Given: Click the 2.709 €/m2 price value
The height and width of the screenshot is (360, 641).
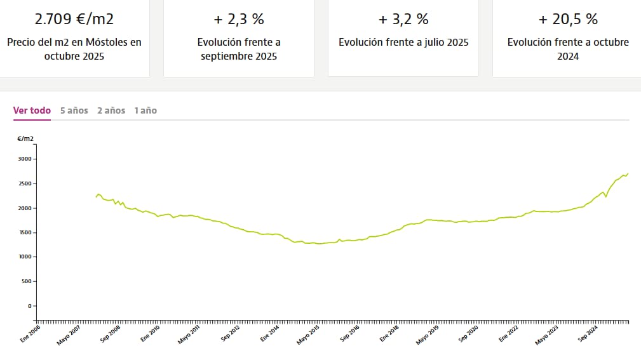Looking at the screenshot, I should point(74,19).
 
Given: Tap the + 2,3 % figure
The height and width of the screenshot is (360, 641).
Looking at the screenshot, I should point(238,19).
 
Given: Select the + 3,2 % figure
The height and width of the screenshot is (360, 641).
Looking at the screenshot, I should point(403,19).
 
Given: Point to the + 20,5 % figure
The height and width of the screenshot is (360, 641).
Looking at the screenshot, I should point(567,19).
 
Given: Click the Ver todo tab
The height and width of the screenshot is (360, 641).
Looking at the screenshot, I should point(32,110).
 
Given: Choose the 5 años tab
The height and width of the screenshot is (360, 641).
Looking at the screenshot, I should point(74,110).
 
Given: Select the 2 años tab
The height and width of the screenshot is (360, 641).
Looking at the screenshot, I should point(111,110).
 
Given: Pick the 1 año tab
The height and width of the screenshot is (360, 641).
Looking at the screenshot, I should point(145,110).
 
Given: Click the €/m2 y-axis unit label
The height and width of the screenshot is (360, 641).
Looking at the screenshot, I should point(25,138).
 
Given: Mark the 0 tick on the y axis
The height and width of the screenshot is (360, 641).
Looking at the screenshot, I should point(29,305).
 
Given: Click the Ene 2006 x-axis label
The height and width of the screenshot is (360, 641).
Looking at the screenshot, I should point(30,335).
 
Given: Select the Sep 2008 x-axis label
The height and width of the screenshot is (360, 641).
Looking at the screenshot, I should point(110,335).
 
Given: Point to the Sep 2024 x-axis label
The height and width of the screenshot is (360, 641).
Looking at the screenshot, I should point(587,335).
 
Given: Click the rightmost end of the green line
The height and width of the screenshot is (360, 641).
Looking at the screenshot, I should point(628,173).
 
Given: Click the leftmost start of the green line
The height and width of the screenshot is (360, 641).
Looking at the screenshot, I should point(96,197).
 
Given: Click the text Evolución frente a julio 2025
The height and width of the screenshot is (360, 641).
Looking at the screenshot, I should point(403,43).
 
